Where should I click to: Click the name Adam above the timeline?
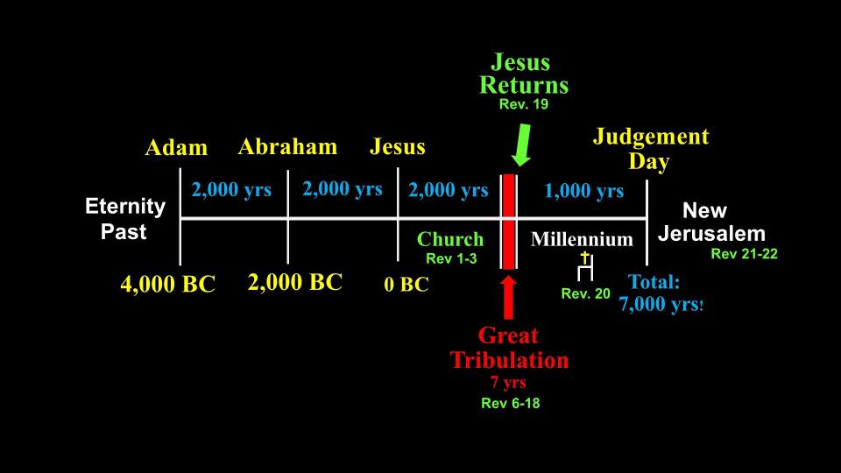click(x=176, y=147)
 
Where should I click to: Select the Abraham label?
click(x=287, y=146)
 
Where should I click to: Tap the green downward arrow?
click(x=521, y=145)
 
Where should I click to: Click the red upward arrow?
click(x=508, y=298)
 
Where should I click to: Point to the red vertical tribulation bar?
click(x=508, y=222)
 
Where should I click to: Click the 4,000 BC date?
click(x=168, y=284)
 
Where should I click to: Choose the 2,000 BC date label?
click(x=295, y=282)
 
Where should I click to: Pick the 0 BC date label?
click(x=406, y=284)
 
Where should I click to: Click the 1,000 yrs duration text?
click(x=584, y=191)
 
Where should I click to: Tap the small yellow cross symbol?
click(x=585, y=258)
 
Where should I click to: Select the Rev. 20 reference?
click(x=586, y=294)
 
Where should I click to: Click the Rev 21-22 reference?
click(x=744, y=254)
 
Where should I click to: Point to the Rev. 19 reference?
click(x=524, y=104)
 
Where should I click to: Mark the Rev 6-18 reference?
click(x=510, y=403)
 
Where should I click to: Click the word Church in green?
click(x=450, y=239)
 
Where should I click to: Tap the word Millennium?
click(x=582, y=239)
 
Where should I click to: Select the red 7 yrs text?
click(x=508, y=383)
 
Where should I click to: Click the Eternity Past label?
click(x=125, y=219)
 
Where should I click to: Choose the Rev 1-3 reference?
click(x=451, y=258)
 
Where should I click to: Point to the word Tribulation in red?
click(x=509, y=360)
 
